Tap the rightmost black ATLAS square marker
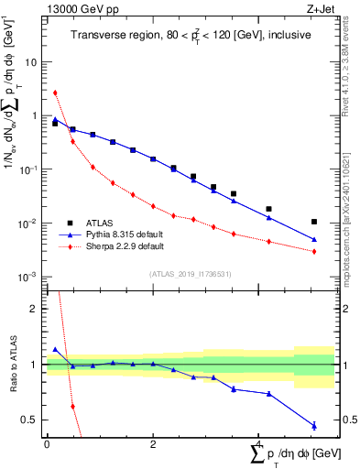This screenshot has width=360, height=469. pos(314,222)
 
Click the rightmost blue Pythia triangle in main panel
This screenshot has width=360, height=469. pos(314,240)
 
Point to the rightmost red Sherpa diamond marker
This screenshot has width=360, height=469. pos(314,251)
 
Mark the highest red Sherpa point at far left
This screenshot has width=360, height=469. pos(55,93)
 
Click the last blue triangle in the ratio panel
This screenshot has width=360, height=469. pos(314,425)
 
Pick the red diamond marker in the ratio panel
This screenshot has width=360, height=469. pos(72,406)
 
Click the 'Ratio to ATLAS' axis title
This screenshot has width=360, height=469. pos(15,365)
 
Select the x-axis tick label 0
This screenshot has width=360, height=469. pos(46,444)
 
